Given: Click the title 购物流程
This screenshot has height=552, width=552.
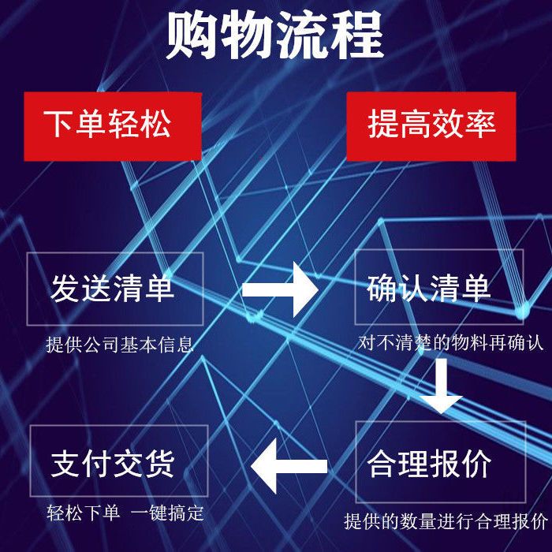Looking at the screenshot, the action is click(275, 35).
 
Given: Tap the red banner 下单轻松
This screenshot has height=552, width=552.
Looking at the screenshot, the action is click(113, 126).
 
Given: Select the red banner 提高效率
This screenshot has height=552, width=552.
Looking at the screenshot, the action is click(431, 126).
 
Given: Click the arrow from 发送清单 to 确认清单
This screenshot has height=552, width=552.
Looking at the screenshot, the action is click(280, 289).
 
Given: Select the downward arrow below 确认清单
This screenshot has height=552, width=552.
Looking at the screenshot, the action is click(441, 386).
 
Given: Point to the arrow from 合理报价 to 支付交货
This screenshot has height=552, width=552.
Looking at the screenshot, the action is click(289, 466).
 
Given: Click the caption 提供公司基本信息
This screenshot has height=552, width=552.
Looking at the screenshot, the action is click(120, 345).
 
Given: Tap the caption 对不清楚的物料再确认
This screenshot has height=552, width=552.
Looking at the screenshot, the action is click(450, 342).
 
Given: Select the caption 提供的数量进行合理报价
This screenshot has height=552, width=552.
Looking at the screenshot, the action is click(446, 521).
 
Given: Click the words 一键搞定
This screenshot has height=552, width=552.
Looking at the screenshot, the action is click(167, 513).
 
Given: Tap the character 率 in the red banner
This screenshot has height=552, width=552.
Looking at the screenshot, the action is click(480, 124).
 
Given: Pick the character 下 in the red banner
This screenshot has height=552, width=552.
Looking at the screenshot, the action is click(58, 124).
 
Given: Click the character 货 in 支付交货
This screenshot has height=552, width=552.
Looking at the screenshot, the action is click(159, 464).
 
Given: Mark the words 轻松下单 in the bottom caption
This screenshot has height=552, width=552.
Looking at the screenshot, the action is click(83, 513).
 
